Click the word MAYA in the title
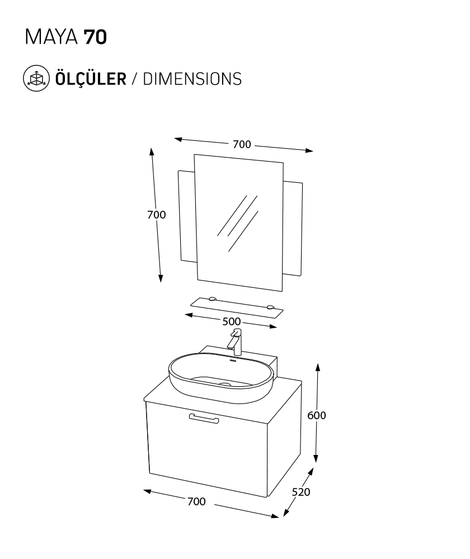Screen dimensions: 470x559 51,37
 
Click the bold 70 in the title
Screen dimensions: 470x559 95,37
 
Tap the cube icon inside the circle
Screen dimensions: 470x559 36,78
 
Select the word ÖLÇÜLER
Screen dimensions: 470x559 91,78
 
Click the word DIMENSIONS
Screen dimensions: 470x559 192,79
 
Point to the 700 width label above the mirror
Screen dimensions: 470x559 242,144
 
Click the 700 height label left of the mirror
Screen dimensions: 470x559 156,215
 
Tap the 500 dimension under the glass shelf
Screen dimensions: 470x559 231,321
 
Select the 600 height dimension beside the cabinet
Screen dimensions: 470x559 317,415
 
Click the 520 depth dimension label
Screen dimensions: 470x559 301,492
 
